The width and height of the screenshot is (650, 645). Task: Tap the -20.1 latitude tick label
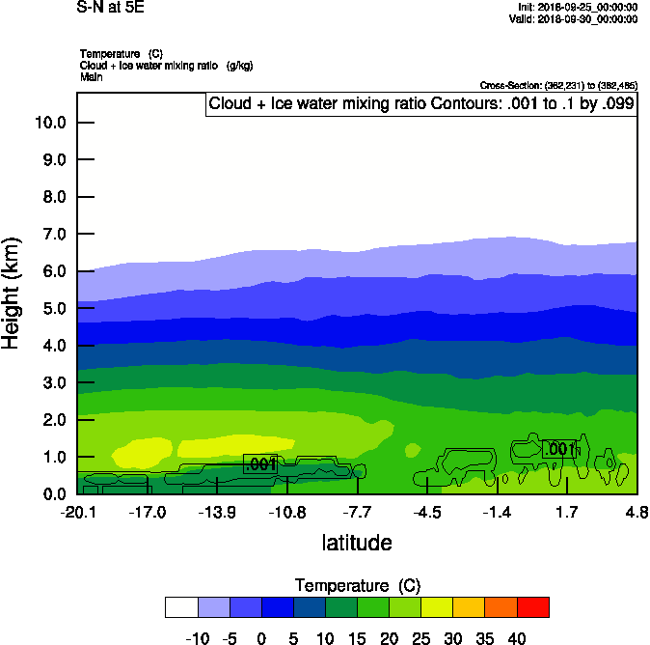[77, 511]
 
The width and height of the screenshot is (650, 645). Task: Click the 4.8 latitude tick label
[636, 511]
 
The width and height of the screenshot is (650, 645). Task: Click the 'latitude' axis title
[357, 543]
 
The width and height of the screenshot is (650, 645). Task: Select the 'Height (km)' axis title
[12, 294]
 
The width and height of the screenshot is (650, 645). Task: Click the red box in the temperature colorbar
[532, 606]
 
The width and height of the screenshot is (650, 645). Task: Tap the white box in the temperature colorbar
[181, 606]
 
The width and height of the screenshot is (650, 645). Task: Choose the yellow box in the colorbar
[437, 606]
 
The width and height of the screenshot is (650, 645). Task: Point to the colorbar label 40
[517, 637]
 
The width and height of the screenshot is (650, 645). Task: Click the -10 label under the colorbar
[197, 637]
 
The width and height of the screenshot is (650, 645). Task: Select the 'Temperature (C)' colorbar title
[357, 585]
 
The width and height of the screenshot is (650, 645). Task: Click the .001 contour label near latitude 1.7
[559, 449]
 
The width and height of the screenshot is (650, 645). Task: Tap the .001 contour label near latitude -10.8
[260, 464]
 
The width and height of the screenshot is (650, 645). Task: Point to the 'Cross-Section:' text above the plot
[557, 86]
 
